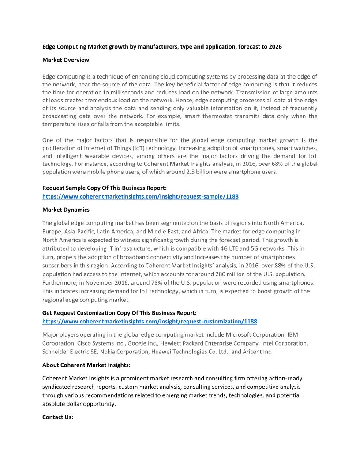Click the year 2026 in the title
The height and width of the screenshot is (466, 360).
pyautogui.click(x=274, y=46)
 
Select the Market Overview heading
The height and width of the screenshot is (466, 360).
pyautogui.click(x=66, y=60)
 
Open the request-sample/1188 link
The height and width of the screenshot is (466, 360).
pyautogui.click(x=140, y=196)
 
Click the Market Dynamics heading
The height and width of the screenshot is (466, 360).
pyautogui.click(x=66, y=210)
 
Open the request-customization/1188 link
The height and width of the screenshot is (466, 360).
pyautogui.click(x=150, y=321)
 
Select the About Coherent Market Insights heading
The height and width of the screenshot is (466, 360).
pyautogui.click(x=86, y=365)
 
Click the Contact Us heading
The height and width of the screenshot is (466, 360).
pyautogui.click(x=58, y=417)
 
